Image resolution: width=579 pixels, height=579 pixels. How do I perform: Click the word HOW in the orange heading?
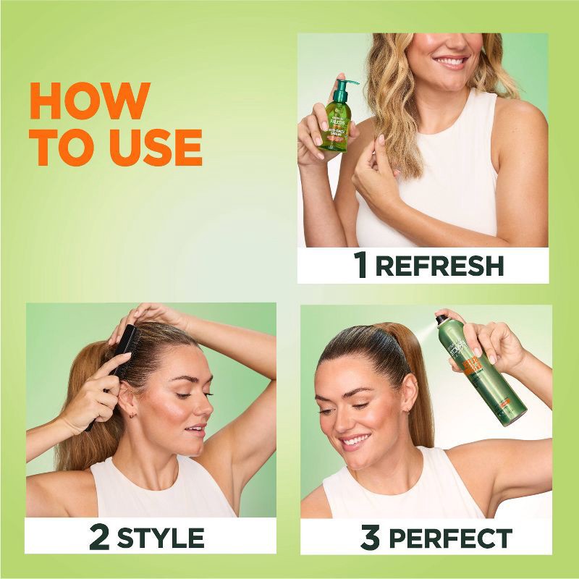pyautogui.click(x=90, y=101)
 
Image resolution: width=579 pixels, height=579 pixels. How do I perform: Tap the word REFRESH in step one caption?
pyautogui.click(x=439, y=266)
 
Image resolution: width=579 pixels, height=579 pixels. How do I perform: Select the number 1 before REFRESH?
pyautogui.click(x=360, y=266)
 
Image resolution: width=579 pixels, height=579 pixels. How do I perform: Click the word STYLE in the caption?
pyautogui.click(x=161, y=538)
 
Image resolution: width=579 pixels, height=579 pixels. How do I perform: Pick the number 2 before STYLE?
pyautogui.click(x=99, y=538)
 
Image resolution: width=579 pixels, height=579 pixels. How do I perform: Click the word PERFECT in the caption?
pyautogui.click(x=450, y=538)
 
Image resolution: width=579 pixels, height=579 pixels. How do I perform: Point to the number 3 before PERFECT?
pyautogui.click(x=370, y=538)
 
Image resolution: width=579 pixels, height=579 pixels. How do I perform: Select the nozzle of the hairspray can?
pyautogui.click(x=440, y=318)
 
